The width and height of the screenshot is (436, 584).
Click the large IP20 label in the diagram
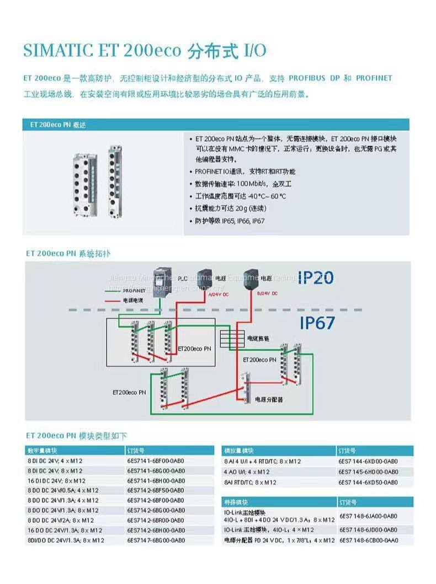point(316,277)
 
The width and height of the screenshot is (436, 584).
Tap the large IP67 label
point(317,323)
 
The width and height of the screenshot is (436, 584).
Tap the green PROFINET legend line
point(113,291)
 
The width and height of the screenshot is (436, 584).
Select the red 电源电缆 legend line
point(113,301)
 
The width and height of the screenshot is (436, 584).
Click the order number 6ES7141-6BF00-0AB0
point(156,460)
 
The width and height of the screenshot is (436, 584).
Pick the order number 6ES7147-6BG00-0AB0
point(156,540)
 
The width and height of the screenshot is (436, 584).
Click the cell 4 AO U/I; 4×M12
point(247,472)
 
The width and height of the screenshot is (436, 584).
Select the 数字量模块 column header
point(41,451)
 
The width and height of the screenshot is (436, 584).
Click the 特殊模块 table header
point(236,502)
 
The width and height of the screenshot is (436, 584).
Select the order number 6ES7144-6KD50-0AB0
point(368,482)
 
